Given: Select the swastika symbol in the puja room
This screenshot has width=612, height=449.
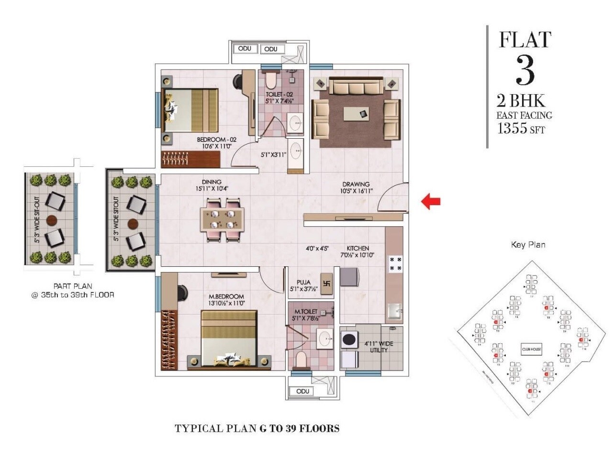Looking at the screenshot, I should (327, 282).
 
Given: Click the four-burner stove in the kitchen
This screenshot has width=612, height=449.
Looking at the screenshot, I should (395, 263).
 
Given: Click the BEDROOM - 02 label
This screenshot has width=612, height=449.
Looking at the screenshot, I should (214, 140).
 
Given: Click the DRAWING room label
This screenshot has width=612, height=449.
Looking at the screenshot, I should (356, 184).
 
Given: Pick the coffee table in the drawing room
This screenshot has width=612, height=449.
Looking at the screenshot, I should (362, 114).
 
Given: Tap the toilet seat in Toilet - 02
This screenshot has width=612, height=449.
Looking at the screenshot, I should (271, 81).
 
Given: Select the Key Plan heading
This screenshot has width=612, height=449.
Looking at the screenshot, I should (528, 245).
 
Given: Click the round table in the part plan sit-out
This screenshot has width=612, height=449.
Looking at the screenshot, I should (52, 220).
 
